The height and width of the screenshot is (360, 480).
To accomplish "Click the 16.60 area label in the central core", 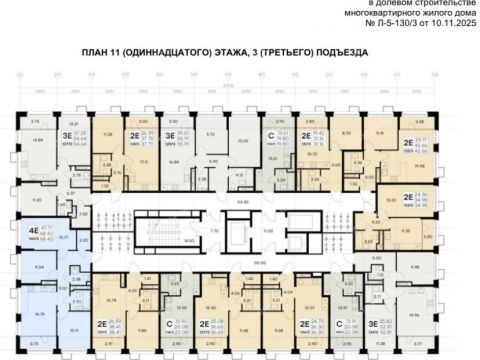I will tap(189, 228).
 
